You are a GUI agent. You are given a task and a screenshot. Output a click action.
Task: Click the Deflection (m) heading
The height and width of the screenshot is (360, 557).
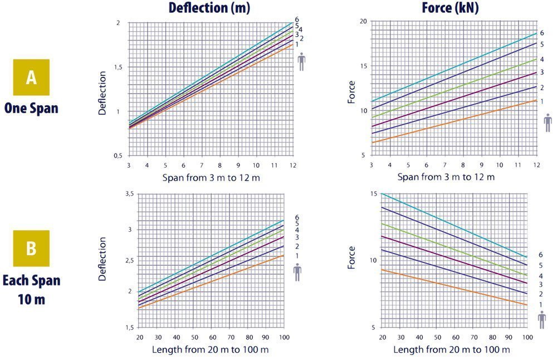(x=209, y=8)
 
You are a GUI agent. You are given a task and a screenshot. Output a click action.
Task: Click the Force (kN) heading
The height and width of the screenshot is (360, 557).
(x=451, y=8)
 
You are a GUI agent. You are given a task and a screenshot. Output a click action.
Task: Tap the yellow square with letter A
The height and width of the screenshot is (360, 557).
(x=31, y=77)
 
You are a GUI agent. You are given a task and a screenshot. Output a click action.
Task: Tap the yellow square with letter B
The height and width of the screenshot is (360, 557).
(x=31, y=248)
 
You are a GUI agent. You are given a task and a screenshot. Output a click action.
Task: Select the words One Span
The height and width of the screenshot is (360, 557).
(x=31, y=108)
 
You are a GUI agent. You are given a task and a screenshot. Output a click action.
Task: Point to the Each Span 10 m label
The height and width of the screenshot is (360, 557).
(x=31, y=289)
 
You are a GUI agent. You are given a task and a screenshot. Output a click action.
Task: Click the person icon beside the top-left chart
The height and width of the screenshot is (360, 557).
(x=301, y=62)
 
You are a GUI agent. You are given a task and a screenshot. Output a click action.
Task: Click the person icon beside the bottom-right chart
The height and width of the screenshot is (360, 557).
(x=542, y=320)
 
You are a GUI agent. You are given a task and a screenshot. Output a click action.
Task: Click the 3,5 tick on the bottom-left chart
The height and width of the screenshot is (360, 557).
(x=130, y=193)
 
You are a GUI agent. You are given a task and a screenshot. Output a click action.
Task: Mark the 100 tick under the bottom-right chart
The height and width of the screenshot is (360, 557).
(x=527, y=338)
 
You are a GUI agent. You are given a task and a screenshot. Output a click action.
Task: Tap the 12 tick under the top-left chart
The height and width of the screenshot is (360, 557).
(x=292, y=166)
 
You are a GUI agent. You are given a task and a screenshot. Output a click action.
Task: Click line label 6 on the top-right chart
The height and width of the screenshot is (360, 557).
(x=541, y=33)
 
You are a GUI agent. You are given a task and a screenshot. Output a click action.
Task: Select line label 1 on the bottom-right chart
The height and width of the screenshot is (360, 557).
(x=539, y=304)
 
